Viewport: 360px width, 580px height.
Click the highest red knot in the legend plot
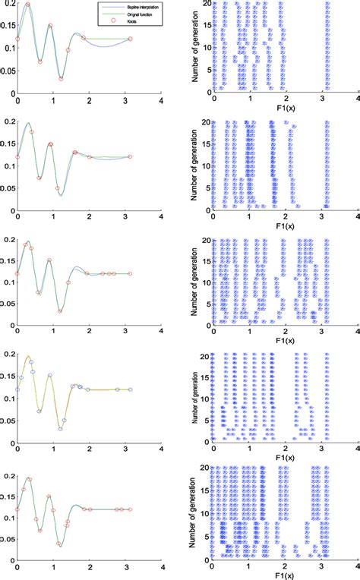coord(28,5)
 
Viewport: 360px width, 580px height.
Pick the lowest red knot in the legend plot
coord(59,77)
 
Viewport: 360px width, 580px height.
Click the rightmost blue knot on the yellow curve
coord(130,389)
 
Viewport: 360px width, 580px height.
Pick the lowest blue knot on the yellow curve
coord(59,429)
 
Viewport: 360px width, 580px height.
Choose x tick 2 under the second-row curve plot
coord(90,215)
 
